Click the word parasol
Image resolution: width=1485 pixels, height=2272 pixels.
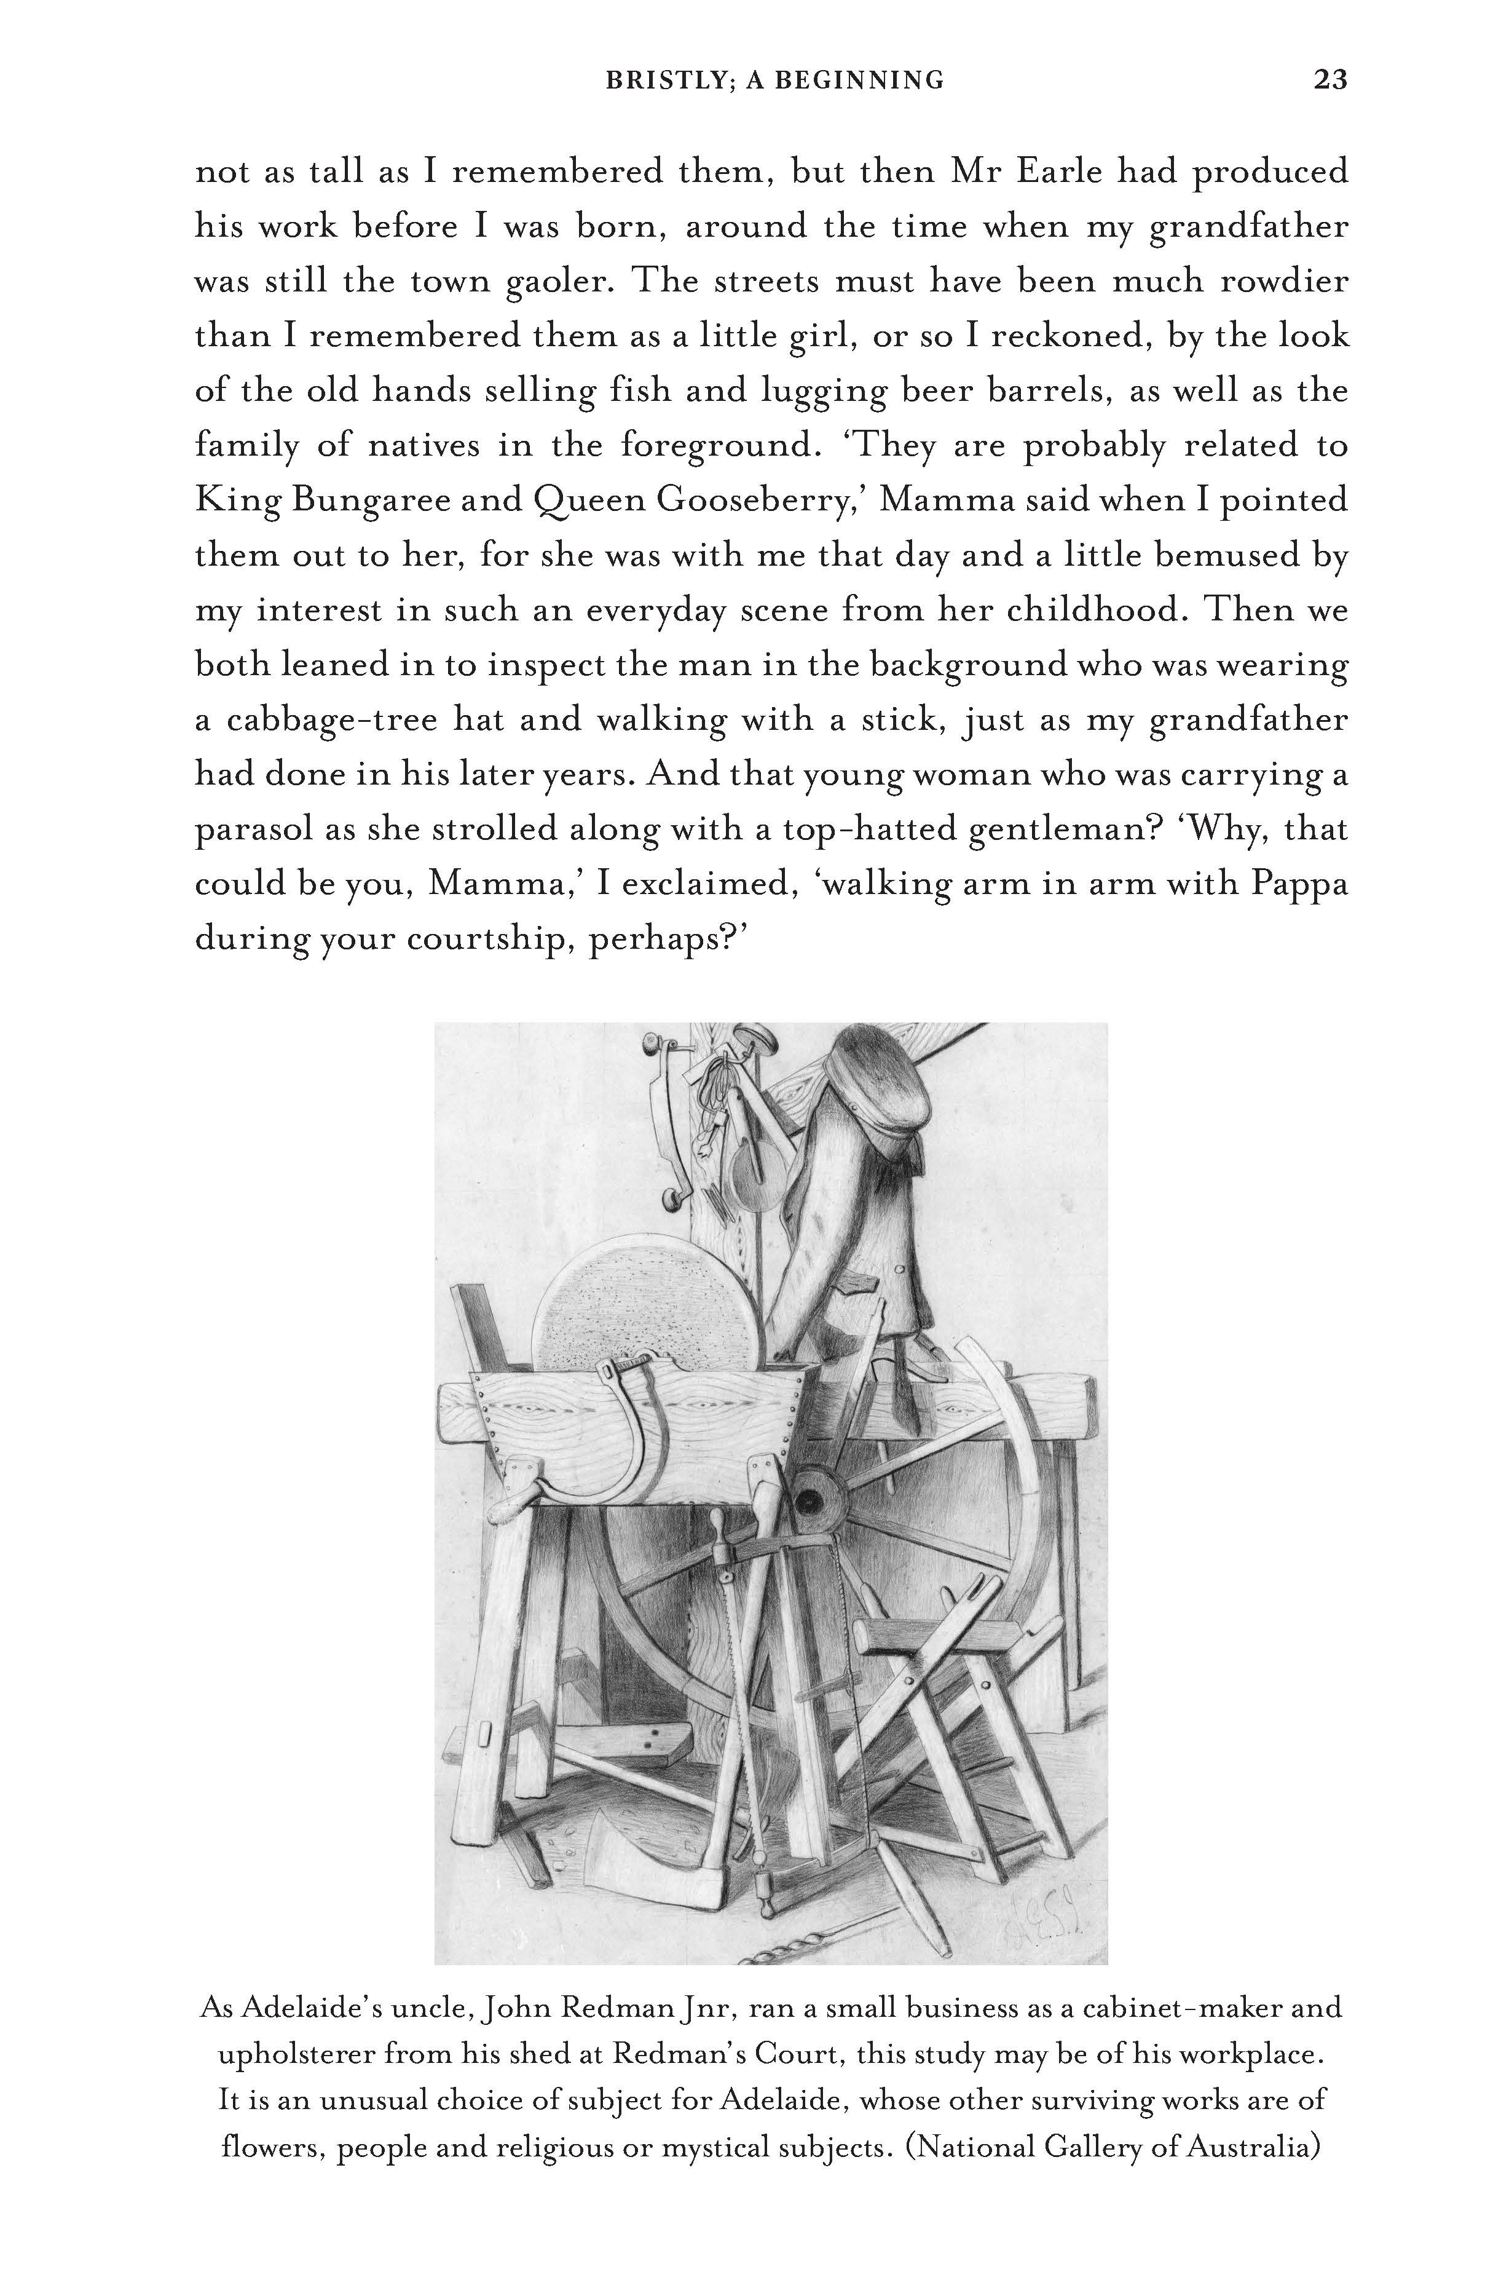[x=253, y=831]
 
